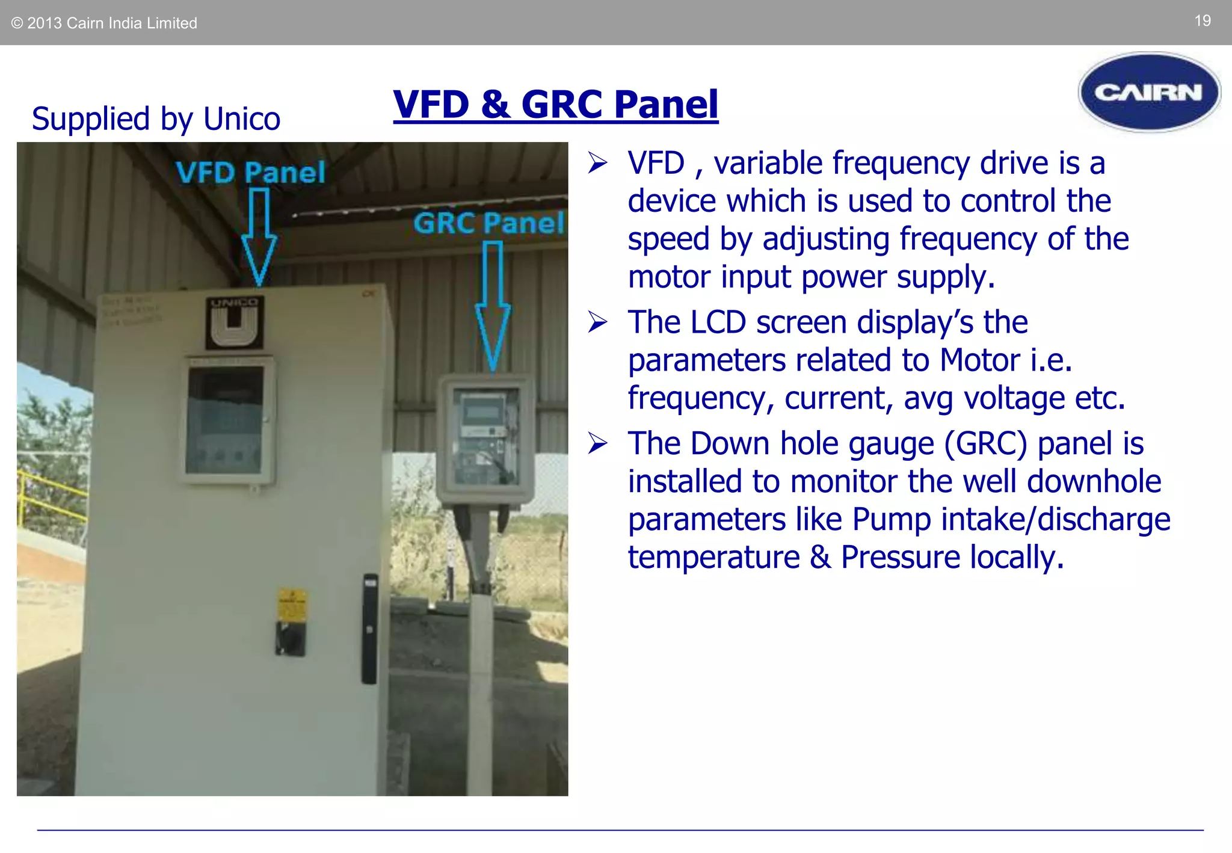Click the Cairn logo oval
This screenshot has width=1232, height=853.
(x=1148, y=92)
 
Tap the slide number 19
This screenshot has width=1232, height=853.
(x=1202, y=21)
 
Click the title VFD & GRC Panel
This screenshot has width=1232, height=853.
(x=555, y=104)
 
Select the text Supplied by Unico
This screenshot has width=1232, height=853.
(x=156, y=119)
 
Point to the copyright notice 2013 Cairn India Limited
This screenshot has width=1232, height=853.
(x=105, y=23)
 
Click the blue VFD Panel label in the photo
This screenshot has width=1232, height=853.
(x=250, y=173)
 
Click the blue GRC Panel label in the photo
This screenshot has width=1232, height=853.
(x=488, y=223)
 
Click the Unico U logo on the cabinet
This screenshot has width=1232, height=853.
(x=234, y=324)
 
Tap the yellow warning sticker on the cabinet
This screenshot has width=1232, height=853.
(x=292, y=604)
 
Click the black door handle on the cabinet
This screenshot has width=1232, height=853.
(x=369, y=628)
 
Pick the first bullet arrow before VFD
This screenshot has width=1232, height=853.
(x=597, y=163)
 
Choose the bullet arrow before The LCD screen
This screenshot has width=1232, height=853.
(x=597, y=322)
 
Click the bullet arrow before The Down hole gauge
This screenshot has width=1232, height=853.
(x=597, y=443)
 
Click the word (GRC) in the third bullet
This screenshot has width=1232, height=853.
(x=986, y=443)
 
